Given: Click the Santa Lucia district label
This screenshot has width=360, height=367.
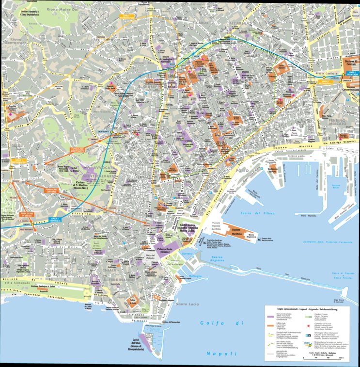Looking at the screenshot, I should pos(188,304).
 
